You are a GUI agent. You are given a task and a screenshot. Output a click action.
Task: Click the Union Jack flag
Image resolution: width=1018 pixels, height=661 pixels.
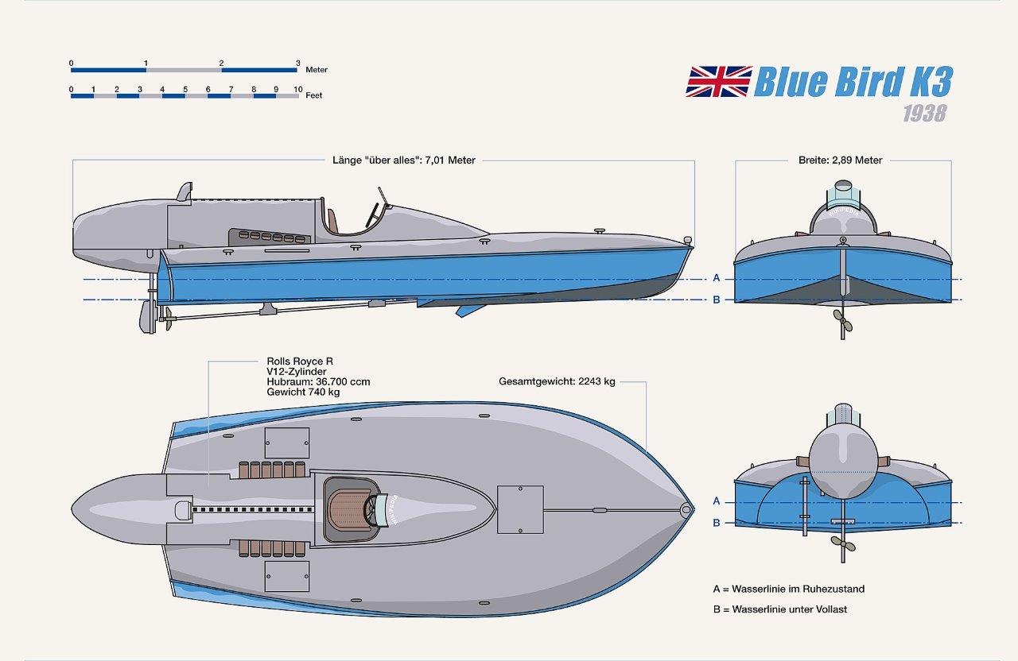[718, 82]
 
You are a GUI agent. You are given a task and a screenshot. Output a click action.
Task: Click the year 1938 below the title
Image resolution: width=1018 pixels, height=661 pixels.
[924, 113]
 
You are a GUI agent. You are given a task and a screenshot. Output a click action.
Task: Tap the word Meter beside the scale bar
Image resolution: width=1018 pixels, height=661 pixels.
[317, 70]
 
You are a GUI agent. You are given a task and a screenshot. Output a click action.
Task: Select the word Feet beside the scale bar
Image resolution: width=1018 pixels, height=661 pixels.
[313, 95]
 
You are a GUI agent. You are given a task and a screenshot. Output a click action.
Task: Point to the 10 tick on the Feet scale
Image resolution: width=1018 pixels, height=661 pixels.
[297, 90]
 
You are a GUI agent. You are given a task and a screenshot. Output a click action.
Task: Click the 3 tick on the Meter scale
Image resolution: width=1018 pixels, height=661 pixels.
[297, 64]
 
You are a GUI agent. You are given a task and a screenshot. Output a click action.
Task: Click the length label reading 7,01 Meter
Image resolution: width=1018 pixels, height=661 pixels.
[404, 160]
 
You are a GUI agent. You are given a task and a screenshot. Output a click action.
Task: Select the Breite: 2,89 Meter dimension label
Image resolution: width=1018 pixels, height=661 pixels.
[840, 160]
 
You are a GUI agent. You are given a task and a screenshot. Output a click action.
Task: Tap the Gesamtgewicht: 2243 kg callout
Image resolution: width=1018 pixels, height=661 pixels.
[557, 381]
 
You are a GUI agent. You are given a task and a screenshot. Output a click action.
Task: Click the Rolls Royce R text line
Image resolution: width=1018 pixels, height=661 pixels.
[300, 361]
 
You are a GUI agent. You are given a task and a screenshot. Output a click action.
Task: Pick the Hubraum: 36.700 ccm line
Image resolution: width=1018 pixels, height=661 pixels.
[318, 382]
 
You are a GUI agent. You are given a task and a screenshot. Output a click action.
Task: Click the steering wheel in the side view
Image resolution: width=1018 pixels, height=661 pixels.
[371, 213]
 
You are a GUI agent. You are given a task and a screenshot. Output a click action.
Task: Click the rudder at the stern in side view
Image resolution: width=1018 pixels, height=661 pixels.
[147, 316]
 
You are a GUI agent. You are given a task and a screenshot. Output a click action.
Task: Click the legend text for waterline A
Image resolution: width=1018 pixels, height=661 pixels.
[789, 589]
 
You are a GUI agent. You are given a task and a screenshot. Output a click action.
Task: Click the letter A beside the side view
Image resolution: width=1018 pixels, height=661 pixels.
[717, 278]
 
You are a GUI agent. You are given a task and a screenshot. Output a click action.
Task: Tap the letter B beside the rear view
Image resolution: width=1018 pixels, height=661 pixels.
[717, 523]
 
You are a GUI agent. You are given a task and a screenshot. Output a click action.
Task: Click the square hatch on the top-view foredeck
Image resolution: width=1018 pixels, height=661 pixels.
[520, 509]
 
